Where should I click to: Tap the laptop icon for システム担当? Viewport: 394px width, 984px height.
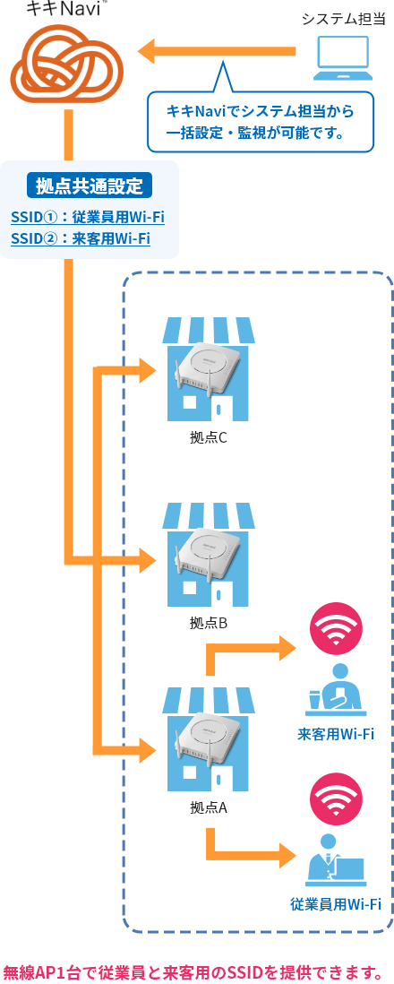click(x=343, y=57)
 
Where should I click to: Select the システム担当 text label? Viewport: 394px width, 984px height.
click(x=342, y=19)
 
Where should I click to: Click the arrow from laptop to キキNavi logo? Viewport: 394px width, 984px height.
click(x=217, y=51)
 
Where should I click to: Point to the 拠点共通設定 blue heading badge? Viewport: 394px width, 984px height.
click(x=90, y=186)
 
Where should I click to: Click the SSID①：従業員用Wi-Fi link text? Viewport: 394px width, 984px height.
click(x=88, y=217)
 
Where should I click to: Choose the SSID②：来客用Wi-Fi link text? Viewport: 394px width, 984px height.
click(x=81, y=238)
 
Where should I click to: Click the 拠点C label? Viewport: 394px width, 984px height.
click(x=208, y=437)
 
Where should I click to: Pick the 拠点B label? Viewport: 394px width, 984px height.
click(x=208, y=623)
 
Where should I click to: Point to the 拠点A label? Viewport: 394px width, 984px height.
click(x=208, y=807)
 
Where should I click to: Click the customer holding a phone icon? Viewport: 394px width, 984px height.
click(x=337, y=690)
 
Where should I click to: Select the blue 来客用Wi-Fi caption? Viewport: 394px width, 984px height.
click(x=336, y=734)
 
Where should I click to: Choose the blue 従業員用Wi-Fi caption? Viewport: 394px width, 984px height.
click(x=336, y=905)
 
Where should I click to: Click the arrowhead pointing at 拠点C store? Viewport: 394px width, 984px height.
click(x=148, y=369)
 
